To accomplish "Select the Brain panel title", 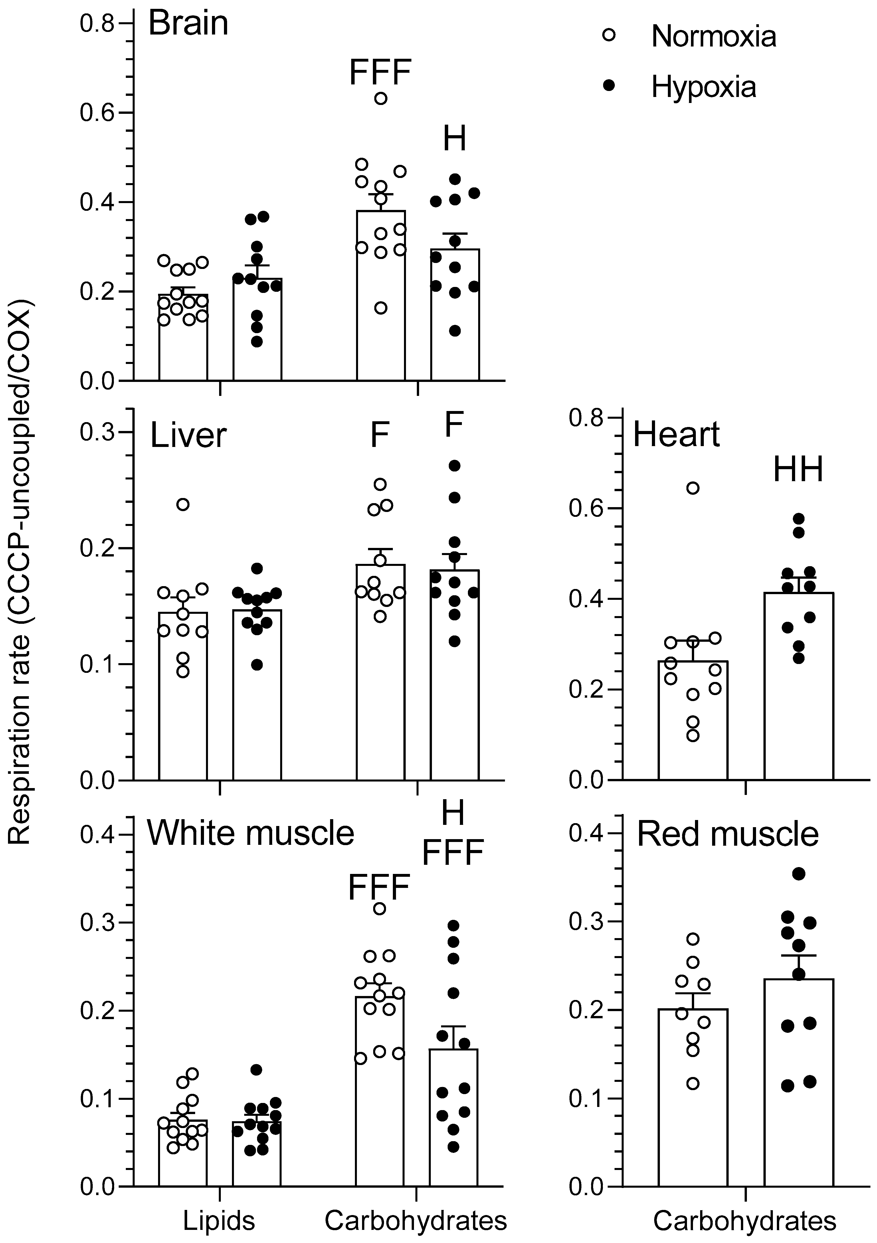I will click(x=188, y=24).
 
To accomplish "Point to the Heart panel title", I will click(x=676, y=435).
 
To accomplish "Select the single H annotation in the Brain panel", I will click(x=454, y=139).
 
